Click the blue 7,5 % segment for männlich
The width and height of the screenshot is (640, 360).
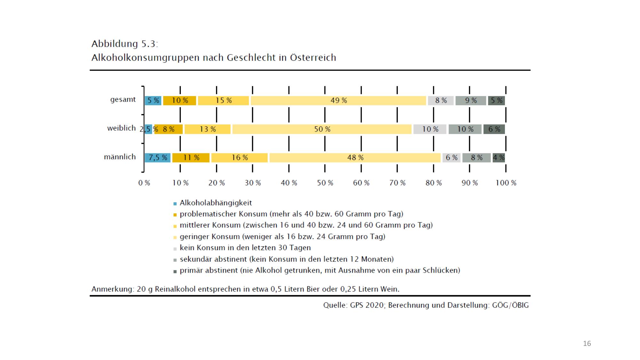coord(157,158)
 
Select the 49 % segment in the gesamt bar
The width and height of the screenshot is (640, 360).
coord(338,100)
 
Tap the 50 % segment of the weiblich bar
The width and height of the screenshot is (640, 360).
coord(322,129)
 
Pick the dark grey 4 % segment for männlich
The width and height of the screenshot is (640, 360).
coord(499,158)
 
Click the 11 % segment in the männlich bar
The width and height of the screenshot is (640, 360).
coord(191,158)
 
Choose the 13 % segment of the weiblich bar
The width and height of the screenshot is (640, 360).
coord(207,129)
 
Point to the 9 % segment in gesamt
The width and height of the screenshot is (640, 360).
coord(471,100)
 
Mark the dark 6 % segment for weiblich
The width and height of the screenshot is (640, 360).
coord(494,129)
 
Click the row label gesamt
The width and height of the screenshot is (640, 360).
coord(123,100)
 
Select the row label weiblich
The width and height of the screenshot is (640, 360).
coord(121,128)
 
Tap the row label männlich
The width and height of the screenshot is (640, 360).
coord(120,157)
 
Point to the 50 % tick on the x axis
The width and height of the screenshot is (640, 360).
coord(325,183)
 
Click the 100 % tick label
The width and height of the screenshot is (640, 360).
coord(506,183)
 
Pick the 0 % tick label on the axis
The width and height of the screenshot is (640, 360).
coord(144,183)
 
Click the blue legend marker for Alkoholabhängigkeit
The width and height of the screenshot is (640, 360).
coord(175,204)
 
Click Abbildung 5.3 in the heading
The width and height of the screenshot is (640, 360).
coord(124,44)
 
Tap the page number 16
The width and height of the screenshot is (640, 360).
coord(587,344)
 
